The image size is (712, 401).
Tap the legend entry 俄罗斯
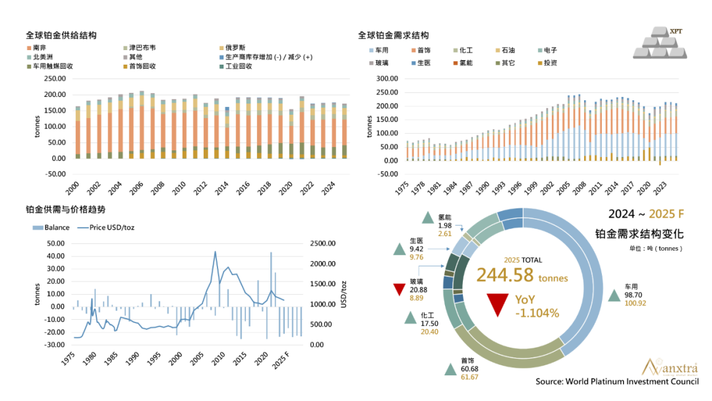pos(236,48)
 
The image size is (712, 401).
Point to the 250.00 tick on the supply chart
pos(55,78)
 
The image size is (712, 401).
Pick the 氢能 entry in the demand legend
pos(466,63)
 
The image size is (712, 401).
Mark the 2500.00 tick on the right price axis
pos(324,243)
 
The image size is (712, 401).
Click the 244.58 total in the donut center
pos(504,276)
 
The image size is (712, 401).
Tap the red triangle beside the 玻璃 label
pos(398,290)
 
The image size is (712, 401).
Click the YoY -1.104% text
pos(537,307)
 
